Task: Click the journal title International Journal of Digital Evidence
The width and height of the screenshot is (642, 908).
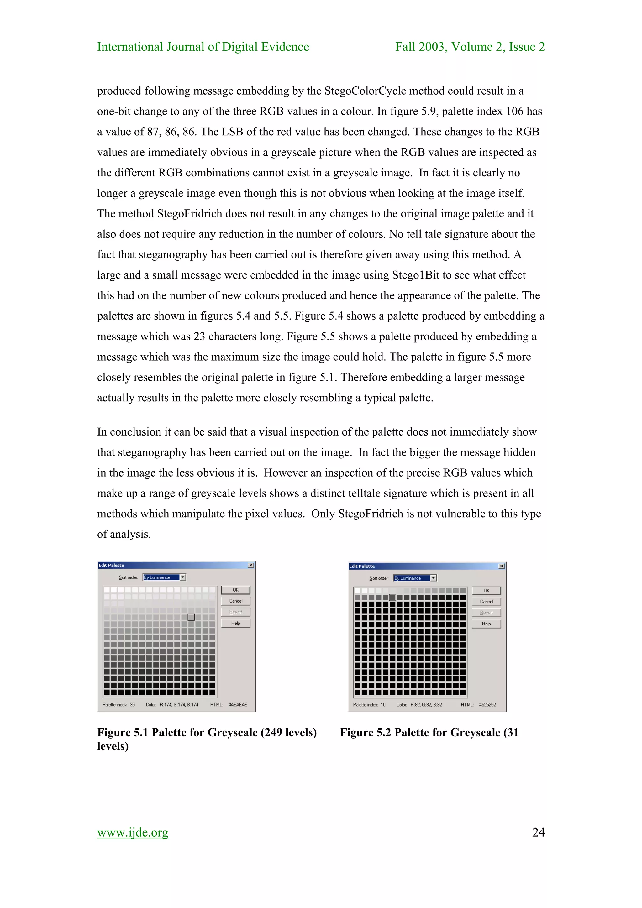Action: [203, 47]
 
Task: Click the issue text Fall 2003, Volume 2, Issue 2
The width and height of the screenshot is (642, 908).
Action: [470, 47]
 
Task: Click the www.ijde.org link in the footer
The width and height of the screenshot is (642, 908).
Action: [133, 832]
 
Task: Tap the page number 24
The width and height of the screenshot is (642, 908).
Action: [538, 832]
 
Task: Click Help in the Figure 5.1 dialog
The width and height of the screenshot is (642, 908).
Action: [235, 623]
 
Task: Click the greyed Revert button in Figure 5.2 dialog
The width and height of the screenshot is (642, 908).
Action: [486, 613]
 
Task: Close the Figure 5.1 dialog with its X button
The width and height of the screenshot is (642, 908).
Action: [251, 565]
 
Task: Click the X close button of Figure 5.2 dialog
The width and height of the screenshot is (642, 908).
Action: [502, 566]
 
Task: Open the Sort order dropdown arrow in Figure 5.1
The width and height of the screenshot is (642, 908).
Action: [183, 577]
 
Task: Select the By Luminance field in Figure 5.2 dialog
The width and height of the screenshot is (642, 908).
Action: [411, 578]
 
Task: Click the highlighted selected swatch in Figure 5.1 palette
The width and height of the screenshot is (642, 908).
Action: [191, 617]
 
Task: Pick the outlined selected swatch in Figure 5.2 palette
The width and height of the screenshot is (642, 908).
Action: [392, 598]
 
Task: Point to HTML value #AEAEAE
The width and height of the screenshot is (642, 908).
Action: [238, 705]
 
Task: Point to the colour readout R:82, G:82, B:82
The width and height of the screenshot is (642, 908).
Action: [426, 705]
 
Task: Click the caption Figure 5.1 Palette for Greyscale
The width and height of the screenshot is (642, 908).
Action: [207, 733]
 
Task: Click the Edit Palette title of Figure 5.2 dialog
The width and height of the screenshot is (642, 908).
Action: [362, 566]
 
